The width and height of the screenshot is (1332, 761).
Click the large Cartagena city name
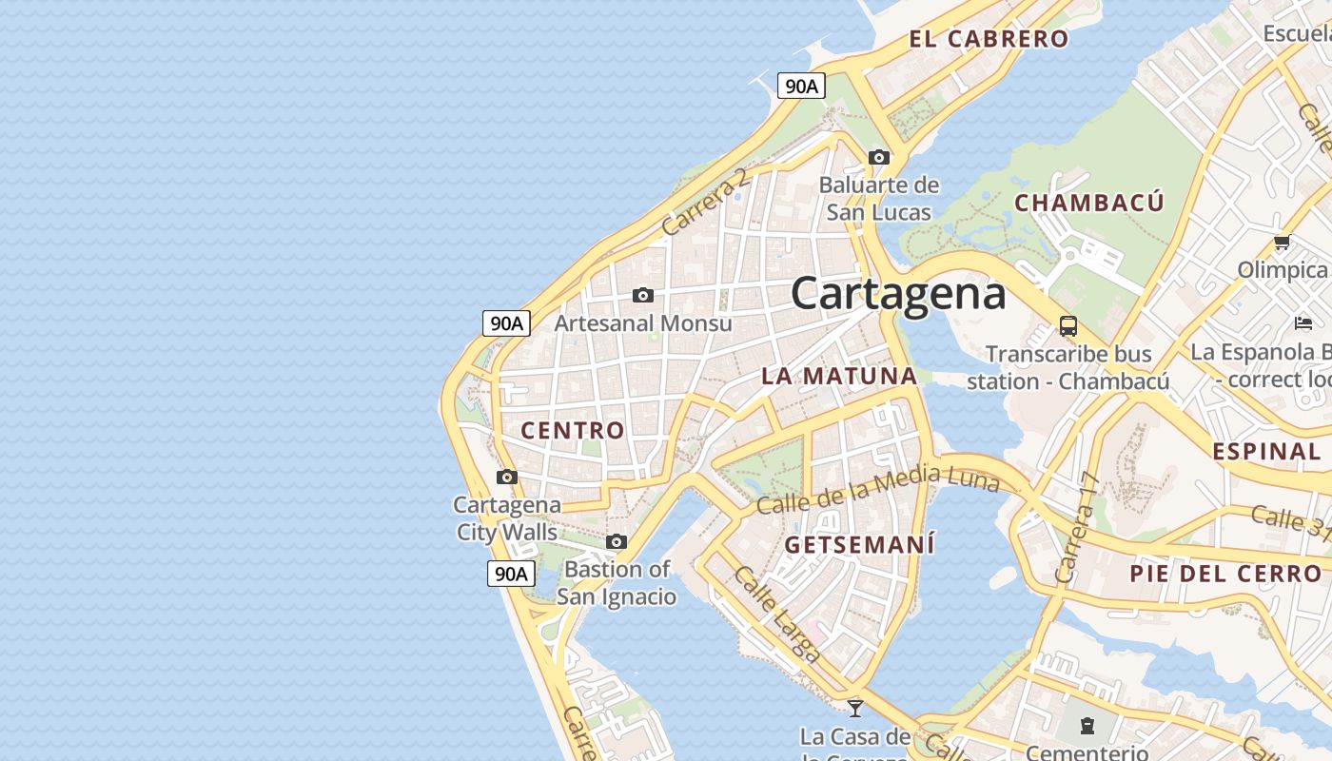(x=898, y=293)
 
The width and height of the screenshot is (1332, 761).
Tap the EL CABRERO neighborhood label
(x=989, y=39)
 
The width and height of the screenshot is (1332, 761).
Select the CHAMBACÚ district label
(x=1088, y=203)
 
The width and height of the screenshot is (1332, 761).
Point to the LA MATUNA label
(x=839, y=376)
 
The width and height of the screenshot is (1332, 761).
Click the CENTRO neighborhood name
(x=573, y=430)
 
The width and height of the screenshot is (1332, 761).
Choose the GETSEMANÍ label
(x=859, y=545)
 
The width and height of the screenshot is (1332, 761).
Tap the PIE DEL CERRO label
(x=1225, y=574)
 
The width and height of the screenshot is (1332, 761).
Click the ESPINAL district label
(x=1266, y=451)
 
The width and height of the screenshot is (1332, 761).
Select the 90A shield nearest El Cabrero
(x=801, y=86)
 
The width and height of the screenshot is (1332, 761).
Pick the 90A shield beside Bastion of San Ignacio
(x=511, y=574)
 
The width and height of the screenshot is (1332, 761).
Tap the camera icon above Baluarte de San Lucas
(x=879, y=157)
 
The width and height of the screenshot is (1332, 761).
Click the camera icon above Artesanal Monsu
(x=643, y=296)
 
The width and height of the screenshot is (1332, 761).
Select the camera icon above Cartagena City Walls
(x=507, y=477)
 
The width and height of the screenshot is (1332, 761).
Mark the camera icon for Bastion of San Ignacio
(x=617, y=542)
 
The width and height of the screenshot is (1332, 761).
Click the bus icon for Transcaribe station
(x=1068, y=326)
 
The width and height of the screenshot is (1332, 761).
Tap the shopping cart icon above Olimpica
(x=1282, y=242)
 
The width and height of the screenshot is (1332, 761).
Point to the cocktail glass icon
(x=855, y=708)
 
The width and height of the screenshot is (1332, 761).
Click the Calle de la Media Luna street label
(x=878, y=491)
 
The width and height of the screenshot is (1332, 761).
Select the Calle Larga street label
(x=776, y=614)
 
